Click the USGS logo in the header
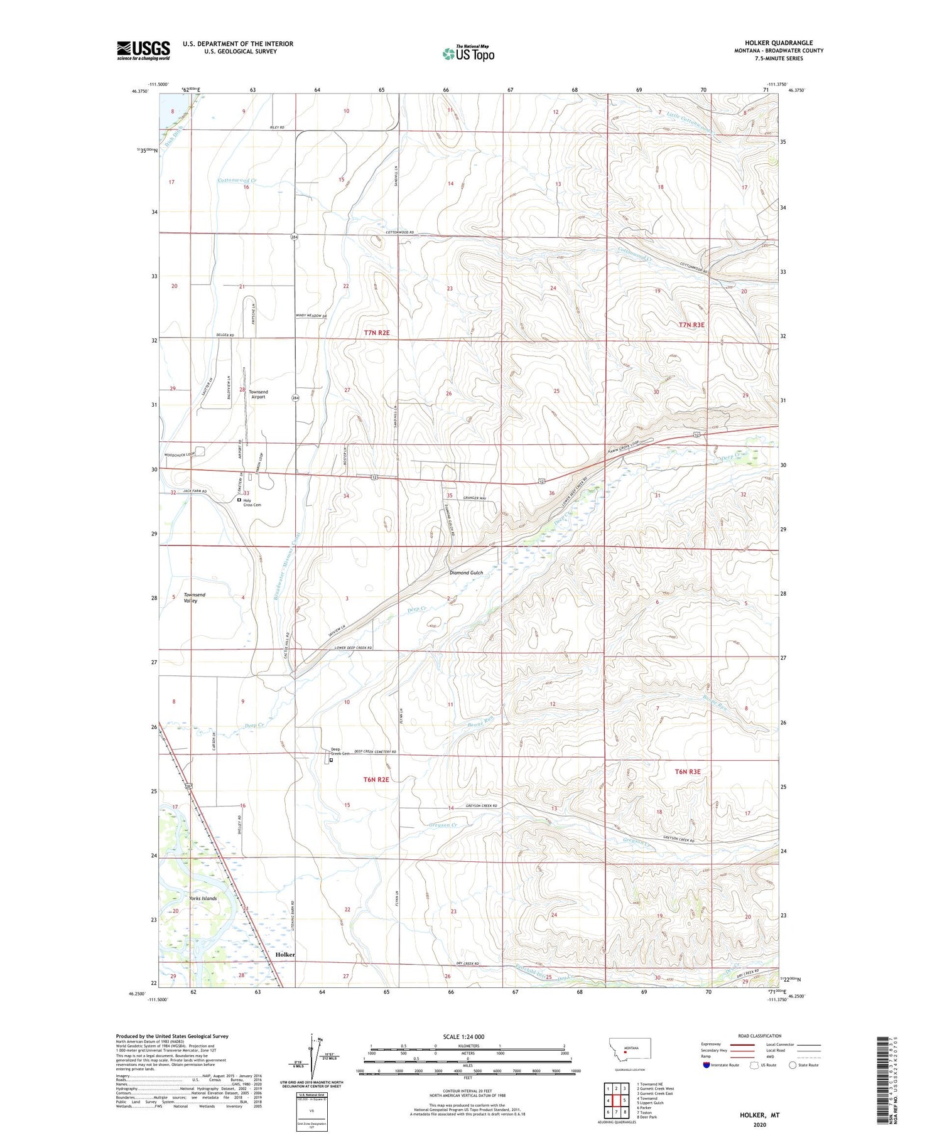(x=143, y=50)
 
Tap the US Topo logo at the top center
(x=468, y=53)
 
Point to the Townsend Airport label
(x=258, y=394)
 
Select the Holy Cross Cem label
(x=252, y=502)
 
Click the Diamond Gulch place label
(x=466, y=572)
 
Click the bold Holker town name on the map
(x=285, y=954)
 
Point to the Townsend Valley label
(x=194, y=598)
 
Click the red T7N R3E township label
(x=691, y=325)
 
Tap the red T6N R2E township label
(x=376, y=779)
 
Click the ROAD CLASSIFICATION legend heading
(x=760, y=1036)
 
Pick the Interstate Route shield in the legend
(x=706, y=1065)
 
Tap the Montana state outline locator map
(x=629, y=1049)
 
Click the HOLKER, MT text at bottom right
(x=759, y=1115)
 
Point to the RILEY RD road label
(x=277, y=127)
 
